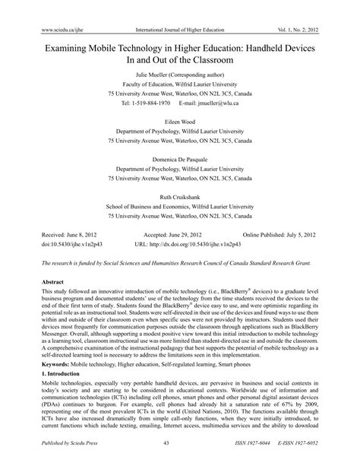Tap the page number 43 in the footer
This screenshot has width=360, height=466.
point(180,455)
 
